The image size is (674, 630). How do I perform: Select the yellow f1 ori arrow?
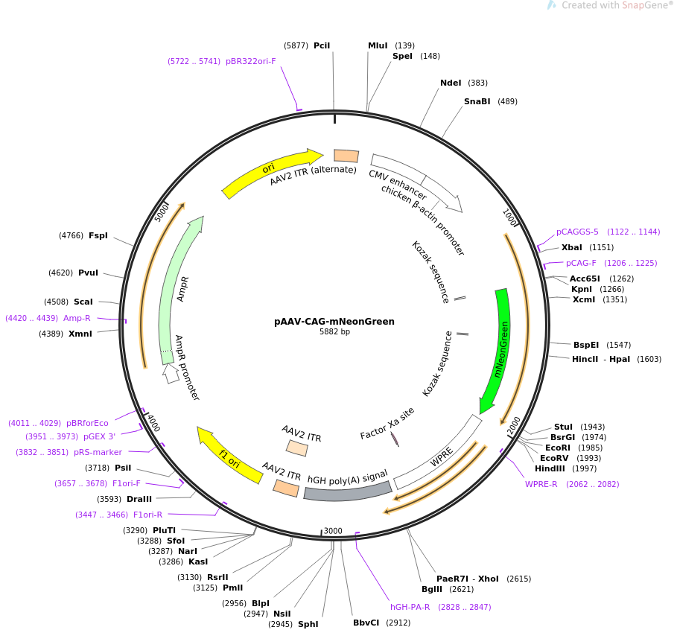coord(228,456)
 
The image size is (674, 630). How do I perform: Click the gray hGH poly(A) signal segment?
coord(348,491)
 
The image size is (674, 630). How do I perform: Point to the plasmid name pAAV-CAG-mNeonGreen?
coord(334,322)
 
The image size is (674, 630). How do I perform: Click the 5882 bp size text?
coord(334,332)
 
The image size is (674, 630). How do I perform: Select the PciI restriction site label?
coord(322,45)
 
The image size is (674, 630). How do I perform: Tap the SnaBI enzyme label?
coord(477,101)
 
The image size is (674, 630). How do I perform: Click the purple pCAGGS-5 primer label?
coord(577,232)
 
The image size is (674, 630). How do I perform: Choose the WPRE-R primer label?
coord(541,484)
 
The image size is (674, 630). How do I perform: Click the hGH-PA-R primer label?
coord(410,607)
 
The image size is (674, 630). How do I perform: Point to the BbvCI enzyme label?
coord(366,623)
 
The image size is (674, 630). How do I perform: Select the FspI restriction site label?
coord(98,235)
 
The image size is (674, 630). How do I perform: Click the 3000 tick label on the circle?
coord(333,531)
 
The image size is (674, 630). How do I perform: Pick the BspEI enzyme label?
coord(586,345)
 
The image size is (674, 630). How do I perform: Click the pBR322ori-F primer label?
coord(250,62)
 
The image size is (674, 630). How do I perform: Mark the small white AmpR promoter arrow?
coord(171,373)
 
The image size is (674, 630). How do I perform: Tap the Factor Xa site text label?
coord(387,424)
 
